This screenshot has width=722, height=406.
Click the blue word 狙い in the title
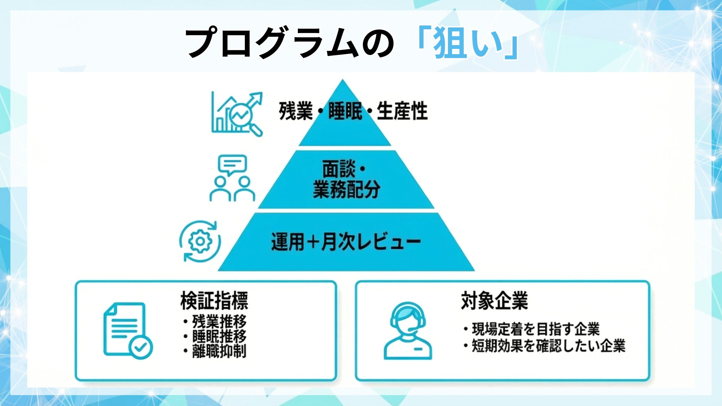(468, 43)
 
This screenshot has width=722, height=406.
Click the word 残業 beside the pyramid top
(296, 111)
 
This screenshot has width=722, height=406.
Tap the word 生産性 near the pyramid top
(402, 111)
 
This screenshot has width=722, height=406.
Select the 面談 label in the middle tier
(338, 169)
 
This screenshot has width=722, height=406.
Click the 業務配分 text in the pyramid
(346, 189)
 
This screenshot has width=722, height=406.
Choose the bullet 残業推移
(219, 322)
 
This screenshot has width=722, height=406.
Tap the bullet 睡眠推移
(219, 336)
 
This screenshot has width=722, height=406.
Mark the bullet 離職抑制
(219, 351)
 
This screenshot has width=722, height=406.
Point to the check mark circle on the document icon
(141, 347)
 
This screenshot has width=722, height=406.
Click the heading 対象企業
(494, 300)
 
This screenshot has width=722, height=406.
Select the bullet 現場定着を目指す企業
(535, 329)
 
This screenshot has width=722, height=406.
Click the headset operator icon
(408, 331)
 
